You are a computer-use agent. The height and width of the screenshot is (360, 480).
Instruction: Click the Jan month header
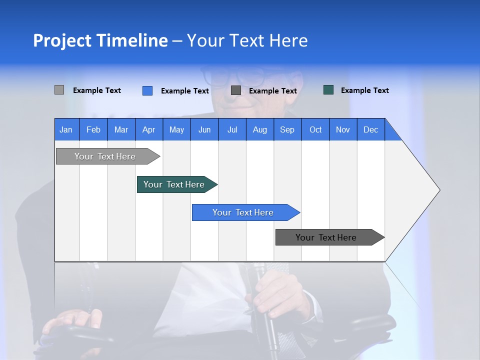(x=66, y=129)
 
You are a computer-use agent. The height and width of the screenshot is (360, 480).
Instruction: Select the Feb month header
(x=93, y=129)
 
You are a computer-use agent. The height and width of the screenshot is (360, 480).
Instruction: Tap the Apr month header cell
(x=149, y=129)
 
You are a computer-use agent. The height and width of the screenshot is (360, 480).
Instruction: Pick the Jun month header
(x=204, y=129)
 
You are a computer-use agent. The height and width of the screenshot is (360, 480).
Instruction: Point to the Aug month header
(x=260, y=129)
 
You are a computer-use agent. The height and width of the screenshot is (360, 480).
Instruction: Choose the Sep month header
(x=287, y=129)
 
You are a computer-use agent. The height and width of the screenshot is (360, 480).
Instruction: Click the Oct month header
(x=315, y=129)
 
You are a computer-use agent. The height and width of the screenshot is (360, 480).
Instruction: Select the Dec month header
(x=371, y=129)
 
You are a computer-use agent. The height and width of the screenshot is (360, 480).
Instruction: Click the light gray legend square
(x=59, y=90)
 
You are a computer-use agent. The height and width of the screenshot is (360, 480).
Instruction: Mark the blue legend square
(x=147, y=90)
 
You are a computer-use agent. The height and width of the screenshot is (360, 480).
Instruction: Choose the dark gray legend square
(x=236, y=90)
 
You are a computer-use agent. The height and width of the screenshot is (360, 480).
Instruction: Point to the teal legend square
(x=328, y=90)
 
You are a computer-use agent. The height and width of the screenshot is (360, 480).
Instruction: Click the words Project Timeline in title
(x=100, y=40)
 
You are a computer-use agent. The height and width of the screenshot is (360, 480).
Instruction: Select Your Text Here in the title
(x=247, y=40)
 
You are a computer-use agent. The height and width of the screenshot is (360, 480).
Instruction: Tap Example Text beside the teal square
(x=364, y=90)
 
